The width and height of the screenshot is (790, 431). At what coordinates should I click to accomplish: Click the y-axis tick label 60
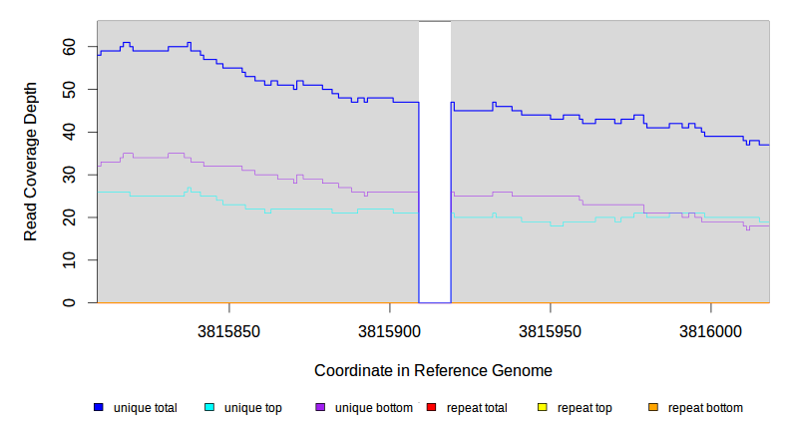click(70, 47)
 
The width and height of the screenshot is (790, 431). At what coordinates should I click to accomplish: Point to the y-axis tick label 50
click(70, 90)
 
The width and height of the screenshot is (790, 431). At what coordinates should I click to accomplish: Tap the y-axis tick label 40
click(70, 132)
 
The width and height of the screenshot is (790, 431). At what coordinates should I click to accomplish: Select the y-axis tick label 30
click(70, 175)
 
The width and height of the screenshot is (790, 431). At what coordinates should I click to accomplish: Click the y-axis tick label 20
click(70, 217)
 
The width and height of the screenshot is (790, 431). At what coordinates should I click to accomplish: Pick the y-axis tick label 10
click(70, 260)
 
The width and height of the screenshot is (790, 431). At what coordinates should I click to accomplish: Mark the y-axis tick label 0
click(70, 302)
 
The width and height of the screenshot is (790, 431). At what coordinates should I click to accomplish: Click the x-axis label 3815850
click(229, 330)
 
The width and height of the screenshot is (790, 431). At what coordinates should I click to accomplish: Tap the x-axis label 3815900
click(389, 330)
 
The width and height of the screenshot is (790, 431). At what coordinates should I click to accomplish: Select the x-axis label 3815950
click(550, 330)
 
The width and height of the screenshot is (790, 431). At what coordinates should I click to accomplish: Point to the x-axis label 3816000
click(709, 330)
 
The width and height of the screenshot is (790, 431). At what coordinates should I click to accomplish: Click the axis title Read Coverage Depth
click(31, 176)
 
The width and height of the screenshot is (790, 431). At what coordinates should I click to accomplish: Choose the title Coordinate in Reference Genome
click(433, 370)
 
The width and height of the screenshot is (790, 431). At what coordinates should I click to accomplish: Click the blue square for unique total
click(99, 408)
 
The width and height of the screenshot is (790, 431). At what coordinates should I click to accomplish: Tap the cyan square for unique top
click(209, 408)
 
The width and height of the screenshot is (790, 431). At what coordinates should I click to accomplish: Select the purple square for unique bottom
click(320, 408)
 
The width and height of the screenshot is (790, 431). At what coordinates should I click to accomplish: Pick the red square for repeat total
click(431, 408)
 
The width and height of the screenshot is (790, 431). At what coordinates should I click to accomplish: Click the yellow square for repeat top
click(543, 408)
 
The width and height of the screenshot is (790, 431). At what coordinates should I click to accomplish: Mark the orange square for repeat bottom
click(653, 408)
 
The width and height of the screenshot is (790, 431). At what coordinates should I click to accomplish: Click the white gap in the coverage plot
click(435, 160)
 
